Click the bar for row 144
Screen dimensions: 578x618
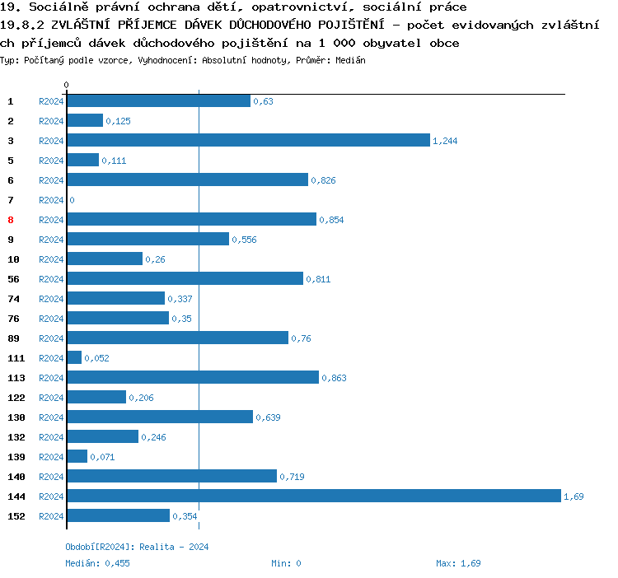(x=313, y=496)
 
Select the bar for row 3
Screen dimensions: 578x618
(x=248, y=140)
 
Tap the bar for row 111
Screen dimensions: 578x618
(x=74, y=357)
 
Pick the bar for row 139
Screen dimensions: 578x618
(x=77, y=456)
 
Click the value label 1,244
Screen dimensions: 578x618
(x=445, y=141)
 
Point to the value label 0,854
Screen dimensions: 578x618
(x=331, y=220)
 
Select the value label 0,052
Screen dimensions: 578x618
(x=96, y=358)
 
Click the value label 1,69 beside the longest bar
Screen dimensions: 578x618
(x=574, y=496)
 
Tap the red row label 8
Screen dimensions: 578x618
(x=11, y=220)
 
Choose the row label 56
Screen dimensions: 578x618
(x=13, y=279)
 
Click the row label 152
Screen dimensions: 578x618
(x=16, y=516)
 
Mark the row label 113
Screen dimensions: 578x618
(x=16, y=378)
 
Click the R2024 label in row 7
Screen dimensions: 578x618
(x=51, y=200)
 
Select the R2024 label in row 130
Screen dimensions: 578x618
(x=51, y=417)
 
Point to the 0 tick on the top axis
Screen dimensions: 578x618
(x=66, y=85)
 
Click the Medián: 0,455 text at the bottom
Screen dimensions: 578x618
(x=97, y=563)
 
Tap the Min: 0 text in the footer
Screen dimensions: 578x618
(x=286, y=563)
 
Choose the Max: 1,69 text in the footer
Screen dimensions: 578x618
(x=458, y=563)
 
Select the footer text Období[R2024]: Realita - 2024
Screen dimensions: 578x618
(x=137, y=547)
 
